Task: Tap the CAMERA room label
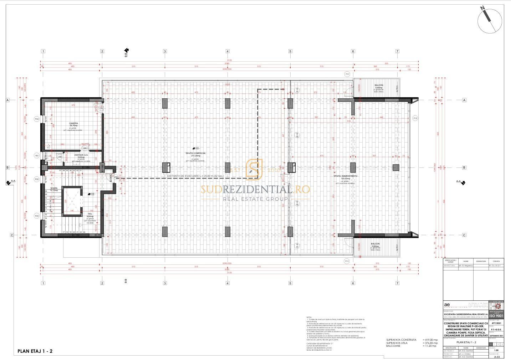click(x=73, y=123)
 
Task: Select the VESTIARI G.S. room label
click(x=79, y=155)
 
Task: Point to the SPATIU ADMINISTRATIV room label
click(x=345, y=176)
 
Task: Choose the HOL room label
click(x=90, y=214)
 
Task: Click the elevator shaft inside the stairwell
click(x=72, y=201)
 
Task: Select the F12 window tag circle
click(x=415, y=118)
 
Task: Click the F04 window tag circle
click(x=36, y=119)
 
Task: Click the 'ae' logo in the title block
click(x=447, y=305)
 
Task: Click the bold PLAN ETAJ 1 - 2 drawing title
click(x=35, y=351)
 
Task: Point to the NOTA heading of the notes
click(x=309, y=317)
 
